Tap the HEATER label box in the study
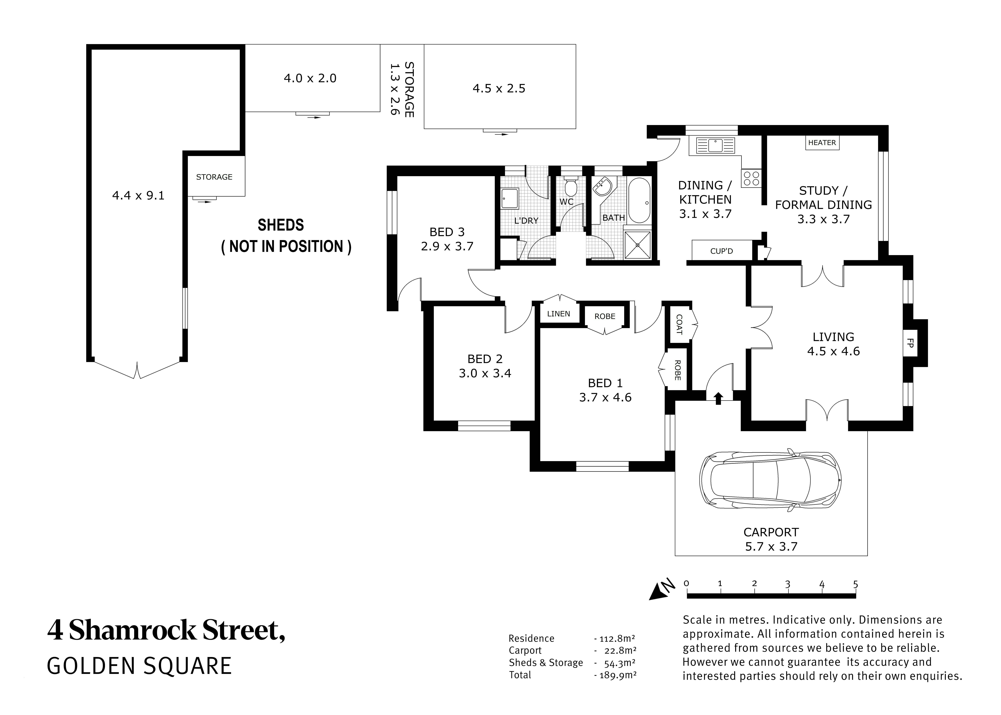pyautogui.click(x=821, y=143)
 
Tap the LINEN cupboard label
pyautogui.click(x=558, y=314)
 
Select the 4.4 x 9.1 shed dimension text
pyautogui.click(x=138, y=195)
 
